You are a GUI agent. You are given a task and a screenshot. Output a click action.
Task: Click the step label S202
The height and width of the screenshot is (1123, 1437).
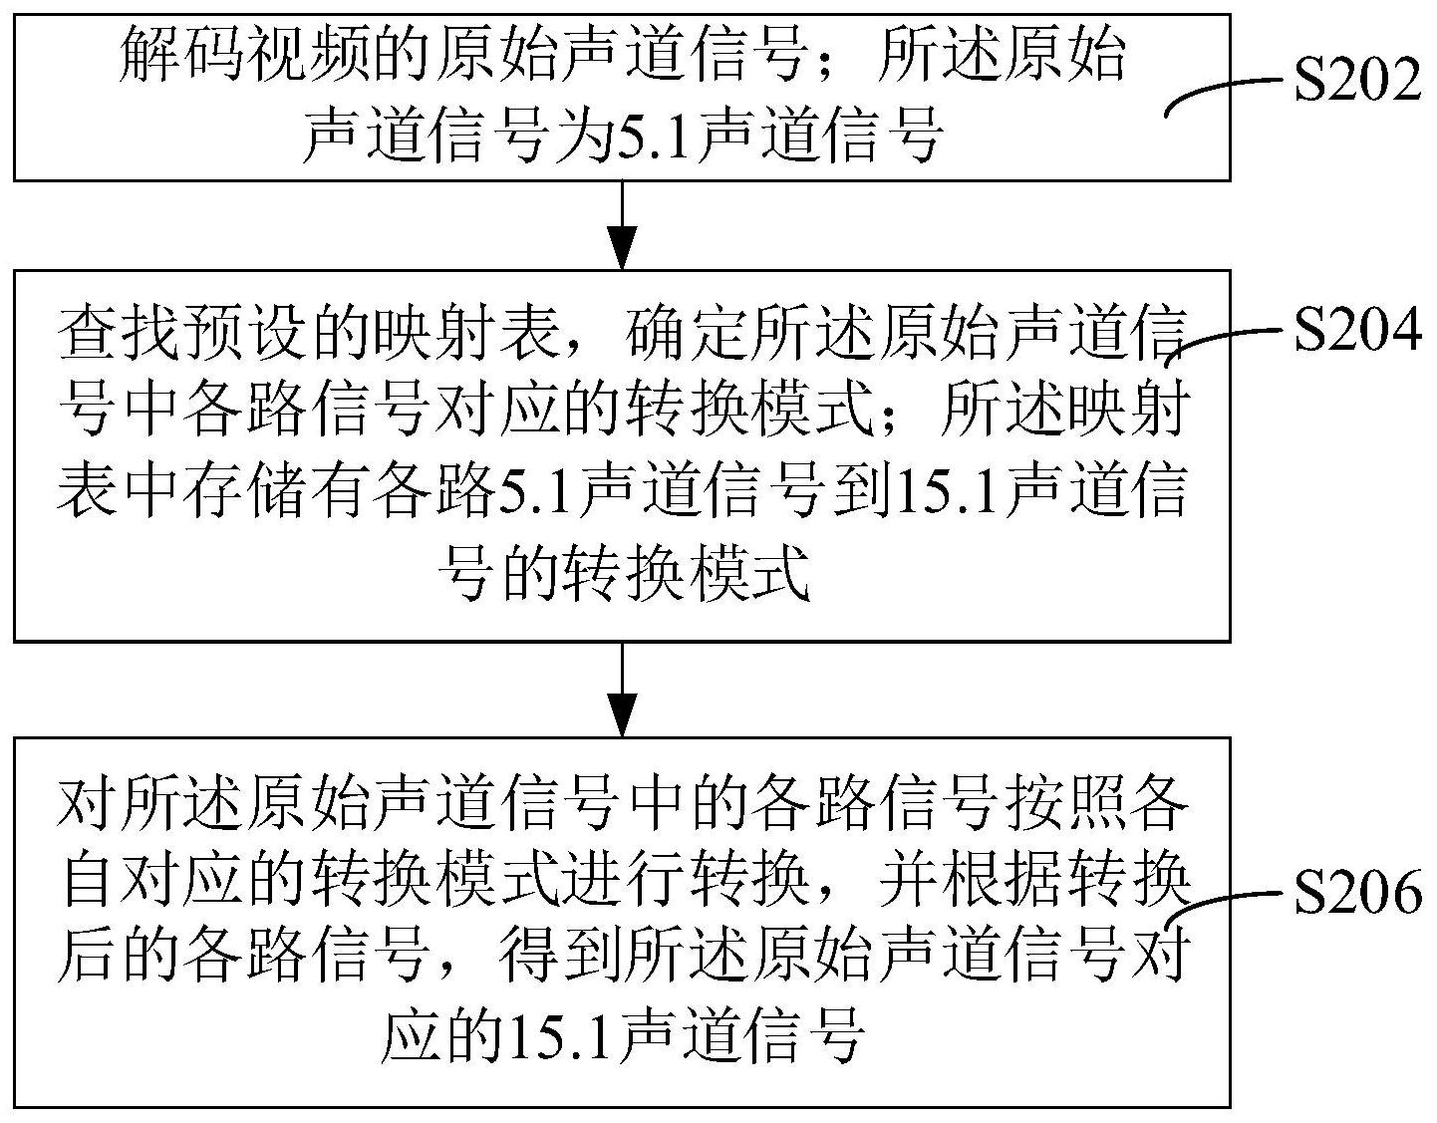point(1356,81)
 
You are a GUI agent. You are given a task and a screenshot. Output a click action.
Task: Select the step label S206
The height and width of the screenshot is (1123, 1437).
point(1356,892)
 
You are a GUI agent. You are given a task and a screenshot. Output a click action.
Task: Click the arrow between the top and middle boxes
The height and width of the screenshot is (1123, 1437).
point(622,225)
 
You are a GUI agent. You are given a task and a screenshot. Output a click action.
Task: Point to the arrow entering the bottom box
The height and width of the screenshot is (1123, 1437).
point(622,690)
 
